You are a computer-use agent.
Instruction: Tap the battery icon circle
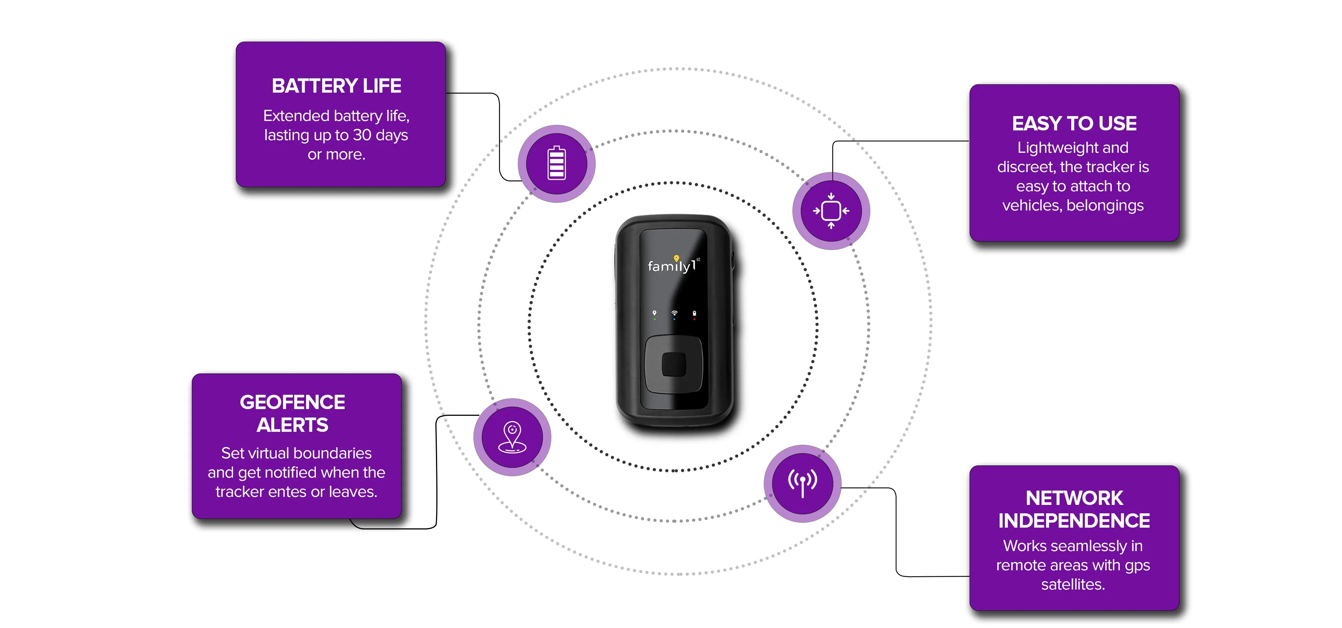[x=556, y=164]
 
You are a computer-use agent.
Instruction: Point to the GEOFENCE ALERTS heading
[x=292, y=413]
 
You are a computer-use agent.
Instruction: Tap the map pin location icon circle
[x=512, y=437]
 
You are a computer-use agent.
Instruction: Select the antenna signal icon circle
[x=802, y=484]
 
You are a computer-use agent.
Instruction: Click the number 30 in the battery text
[x=362, y=135]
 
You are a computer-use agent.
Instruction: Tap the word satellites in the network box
[x=1073, y=584]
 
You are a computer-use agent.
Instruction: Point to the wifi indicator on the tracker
[x=674, y=314]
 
